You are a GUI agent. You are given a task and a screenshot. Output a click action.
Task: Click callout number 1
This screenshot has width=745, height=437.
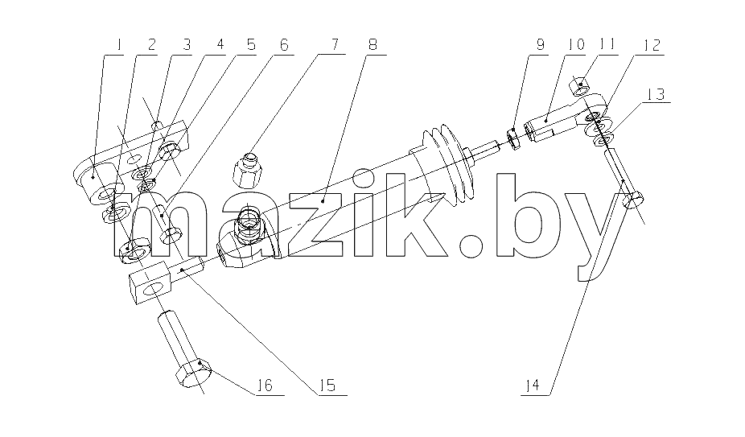(119, 45)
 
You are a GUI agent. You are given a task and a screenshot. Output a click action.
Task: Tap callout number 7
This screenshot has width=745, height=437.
(334, 44)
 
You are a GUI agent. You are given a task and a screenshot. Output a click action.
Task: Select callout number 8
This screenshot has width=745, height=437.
(373, 45)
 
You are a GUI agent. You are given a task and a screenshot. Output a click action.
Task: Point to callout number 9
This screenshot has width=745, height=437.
(540, 45)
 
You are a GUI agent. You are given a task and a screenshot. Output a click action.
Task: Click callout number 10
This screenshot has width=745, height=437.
(575, 45)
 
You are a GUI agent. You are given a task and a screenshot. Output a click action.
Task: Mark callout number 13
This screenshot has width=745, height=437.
(655, 93)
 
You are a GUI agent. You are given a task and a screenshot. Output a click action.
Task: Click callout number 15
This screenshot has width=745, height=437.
(327, 385)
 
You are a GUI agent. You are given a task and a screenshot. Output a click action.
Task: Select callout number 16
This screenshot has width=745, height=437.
(265, 385)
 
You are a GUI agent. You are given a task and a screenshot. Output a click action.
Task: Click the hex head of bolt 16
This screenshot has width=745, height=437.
(193, 373)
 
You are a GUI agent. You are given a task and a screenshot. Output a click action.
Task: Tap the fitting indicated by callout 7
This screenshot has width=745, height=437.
(247, 171)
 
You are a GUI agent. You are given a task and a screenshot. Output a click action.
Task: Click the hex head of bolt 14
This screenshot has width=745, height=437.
(633, 199)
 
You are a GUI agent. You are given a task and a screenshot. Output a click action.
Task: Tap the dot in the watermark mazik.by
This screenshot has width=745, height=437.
(471, 245)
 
